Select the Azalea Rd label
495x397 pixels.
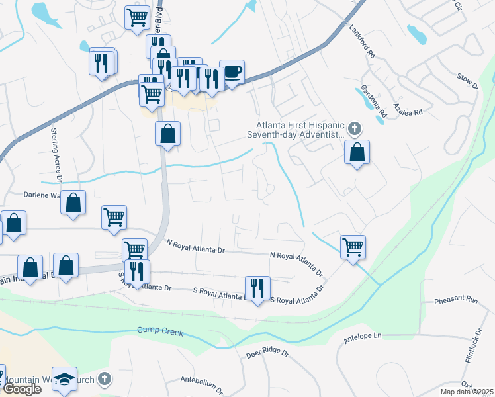[407, 109]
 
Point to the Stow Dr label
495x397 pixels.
[467, 81]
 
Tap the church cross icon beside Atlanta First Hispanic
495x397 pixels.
[355, 128]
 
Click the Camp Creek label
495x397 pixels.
[157, 330]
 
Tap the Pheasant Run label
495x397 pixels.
[456, 300]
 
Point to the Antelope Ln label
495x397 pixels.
[363, 337]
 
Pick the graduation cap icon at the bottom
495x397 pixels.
[65, 379]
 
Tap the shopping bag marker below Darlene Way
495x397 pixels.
[73, 204]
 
